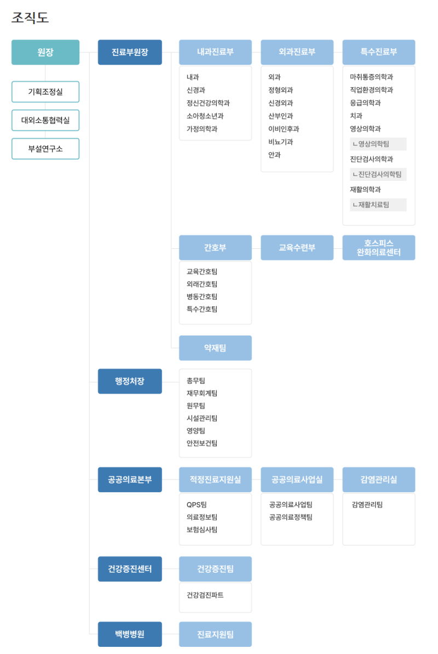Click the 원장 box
click(45, 53)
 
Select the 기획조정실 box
click(45, 92)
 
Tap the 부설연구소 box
click(45, 149)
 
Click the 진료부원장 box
click(130, 53)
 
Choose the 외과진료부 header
click(297, 53)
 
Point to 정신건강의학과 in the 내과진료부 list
click(208, 103)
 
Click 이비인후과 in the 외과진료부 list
click(284, 129)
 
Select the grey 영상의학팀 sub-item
click(378, 144)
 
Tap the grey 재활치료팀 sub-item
click(378, 205)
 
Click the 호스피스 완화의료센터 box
click(378, 248)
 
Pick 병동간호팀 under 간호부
click(202, 297)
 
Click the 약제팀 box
click(215, 348)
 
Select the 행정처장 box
click(130, 382)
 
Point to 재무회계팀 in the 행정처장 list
click(202, 393)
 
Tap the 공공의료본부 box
click(130, 480)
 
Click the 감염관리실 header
click(378, 480)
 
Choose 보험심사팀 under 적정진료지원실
click(202, 530)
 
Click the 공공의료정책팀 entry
click(291, 517)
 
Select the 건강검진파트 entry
click(205, 595)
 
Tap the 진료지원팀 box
click(215, 634)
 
